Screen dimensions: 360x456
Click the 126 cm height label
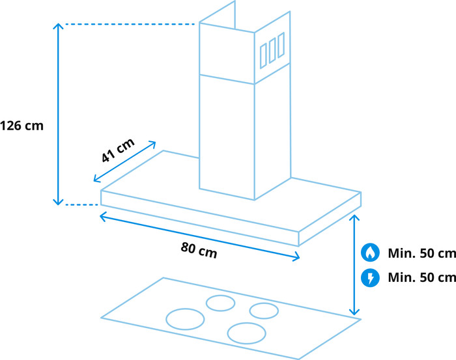pos(22,126)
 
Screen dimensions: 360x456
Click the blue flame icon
pos(370,253)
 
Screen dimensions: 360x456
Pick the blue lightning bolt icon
pos(370,278)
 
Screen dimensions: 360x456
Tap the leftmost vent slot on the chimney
pos(263,55)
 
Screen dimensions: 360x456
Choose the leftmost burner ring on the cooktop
pos(185,318)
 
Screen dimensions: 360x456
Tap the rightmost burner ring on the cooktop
pos(264,311)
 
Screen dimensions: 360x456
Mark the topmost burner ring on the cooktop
pos(220,303)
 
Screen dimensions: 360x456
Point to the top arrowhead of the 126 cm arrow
pos(59,25)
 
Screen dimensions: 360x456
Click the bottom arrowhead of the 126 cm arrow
pos(59,202)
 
